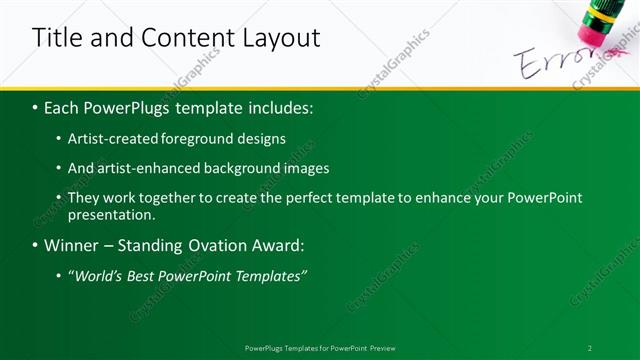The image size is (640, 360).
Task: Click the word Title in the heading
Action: pyautogui.click(x=57, y=39)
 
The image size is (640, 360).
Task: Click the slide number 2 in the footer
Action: pyautogui.click(x=589, y=348)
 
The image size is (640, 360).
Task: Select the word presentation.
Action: pyautogui.click(x=112, y=214)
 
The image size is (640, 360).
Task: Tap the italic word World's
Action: pyautogui.click(x=101, y=275)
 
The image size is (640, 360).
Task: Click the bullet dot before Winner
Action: pyautogui.click(x=35, y=246)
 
